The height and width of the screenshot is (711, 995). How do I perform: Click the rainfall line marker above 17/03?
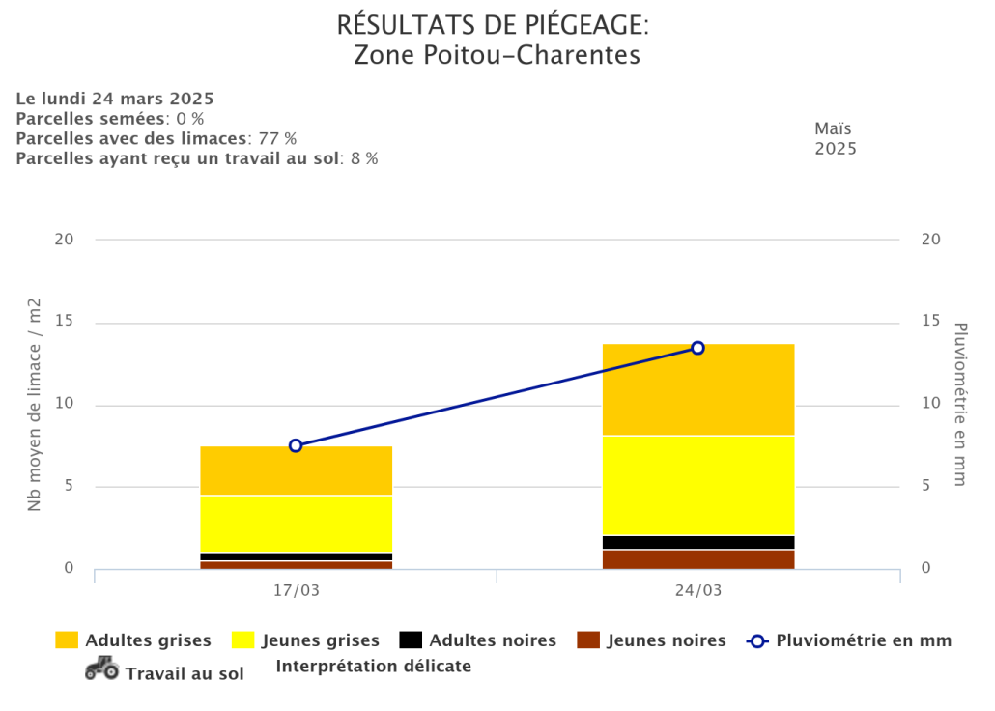point(296,445)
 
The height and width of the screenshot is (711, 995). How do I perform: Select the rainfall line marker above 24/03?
point(697,348)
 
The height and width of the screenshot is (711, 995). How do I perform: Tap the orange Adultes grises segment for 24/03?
point(697,389)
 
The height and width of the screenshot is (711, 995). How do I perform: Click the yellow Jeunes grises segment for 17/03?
point(296,524)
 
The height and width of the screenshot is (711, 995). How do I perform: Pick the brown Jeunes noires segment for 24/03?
point(697,559)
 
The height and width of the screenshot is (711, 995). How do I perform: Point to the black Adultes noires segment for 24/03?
point(697,542)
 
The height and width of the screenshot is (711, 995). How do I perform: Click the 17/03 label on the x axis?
point(296,590)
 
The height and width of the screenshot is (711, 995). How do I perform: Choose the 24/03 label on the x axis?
point(697,590)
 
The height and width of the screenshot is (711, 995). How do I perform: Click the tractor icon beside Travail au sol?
point(101,668)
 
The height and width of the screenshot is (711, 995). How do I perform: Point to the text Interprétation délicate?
point(374,667)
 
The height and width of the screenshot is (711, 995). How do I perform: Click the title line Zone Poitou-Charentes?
point(497,55)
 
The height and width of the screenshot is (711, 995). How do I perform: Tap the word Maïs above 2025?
point(834,128)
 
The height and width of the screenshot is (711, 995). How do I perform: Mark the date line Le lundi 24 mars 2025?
point(115,99)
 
